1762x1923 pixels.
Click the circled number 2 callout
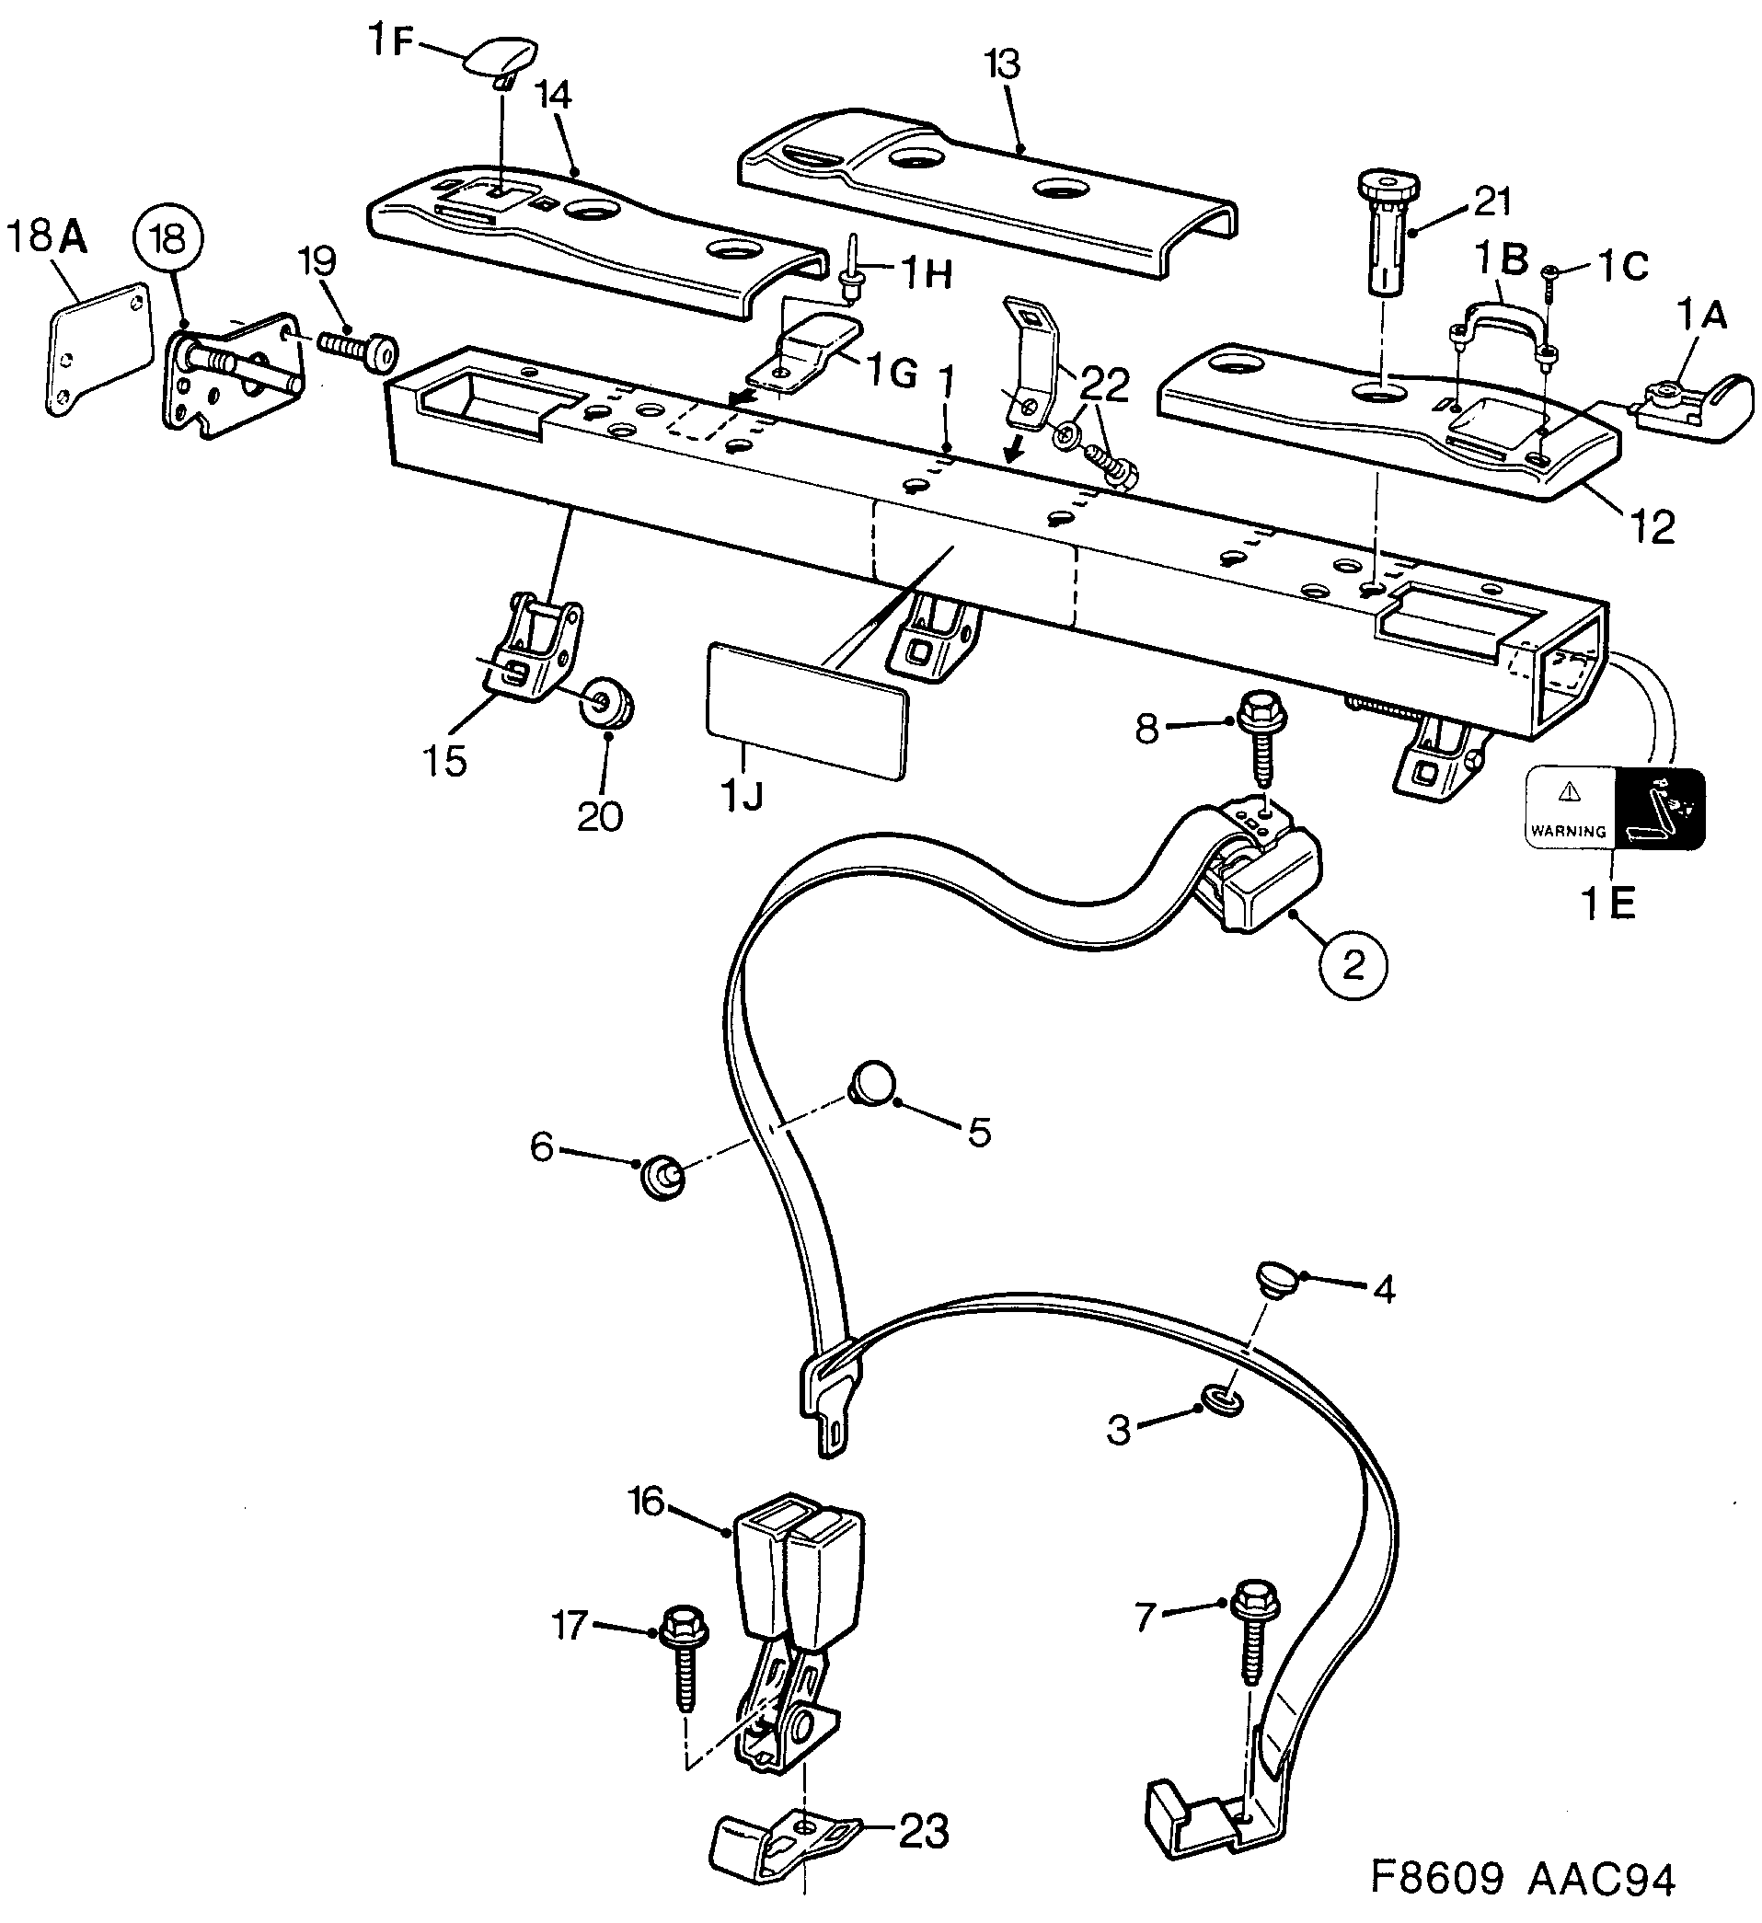1353,965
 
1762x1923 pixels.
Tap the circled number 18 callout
169,239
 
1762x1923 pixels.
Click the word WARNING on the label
1567,831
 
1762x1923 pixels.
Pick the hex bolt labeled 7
1250,1636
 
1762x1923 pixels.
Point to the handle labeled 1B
1502,319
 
